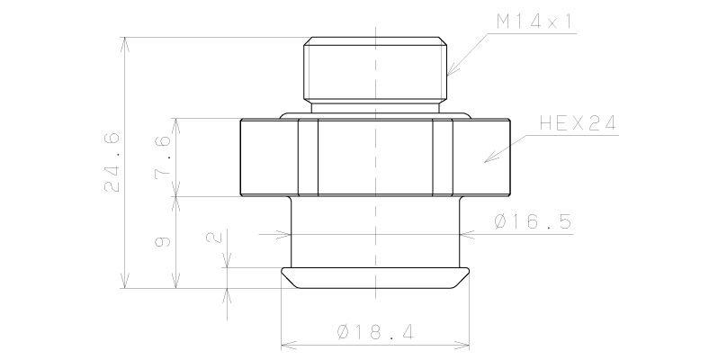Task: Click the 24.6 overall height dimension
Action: click(x=112, y=162)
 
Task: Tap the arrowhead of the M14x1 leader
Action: click(x=449, y=71)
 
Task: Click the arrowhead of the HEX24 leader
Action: click(x=487, y=161)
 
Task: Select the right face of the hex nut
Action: click(x=481, y=157)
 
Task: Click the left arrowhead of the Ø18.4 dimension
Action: click(x=286, y=344)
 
